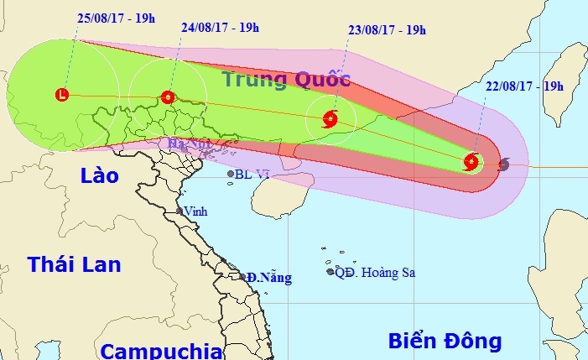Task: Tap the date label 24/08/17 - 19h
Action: pyautogui.click(x=220, y=27)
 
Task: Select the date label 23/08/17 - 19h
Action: pyautogui.click(x=387, y=30)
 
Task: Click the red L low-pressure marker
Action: pyautogui.click(x=62, y=95)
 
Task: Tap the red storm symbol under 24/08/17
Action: pyautogui.click(x=168, y=97)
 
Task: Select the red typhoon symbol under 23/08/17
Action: pyautogui.click(x=330, y=117)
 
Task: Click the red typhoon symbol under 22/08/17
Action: pyautogui.click(x=472, y=162)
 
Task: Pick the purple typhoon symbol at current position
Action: pyautogui.click(x=503, y=164)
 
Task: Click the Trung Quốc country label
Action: pyautogui.click(x=285, y=80)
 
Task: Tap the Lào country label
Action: pyautogui.click(x=100, y=175)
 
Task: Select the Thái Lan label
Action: pyautogui.click(x=74, y=264)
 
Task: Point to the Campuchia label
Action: pyautogui.click(x=159, y=350)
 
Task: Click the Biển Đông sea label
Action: pyautogui.click(x=445, y=341)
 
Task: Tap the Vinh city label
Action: pyautogui.click(x=198, y=211)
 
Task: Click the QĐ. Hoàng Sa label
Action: pyautogui.click(x=375, y=272)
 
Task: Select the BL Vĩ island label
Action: pyautogui.click(x=252, y=175)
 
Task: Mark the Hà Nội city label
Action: pyautogui.click(x=188, y=144)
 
